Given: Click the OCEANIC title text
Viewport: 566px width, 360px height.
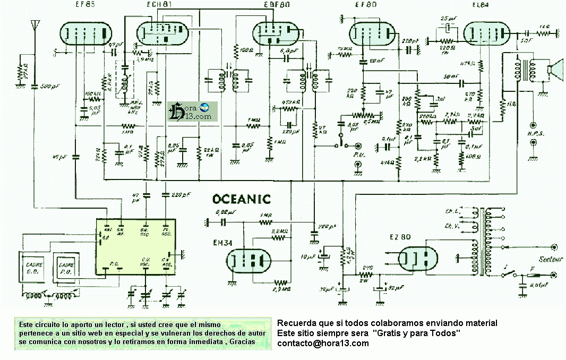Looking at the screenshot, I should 241,200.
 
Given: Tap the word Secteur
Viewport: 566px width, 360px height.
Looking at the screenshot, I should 537,260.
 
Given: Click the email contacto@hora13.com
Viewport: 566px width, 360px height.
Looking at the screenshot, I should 323,344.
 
